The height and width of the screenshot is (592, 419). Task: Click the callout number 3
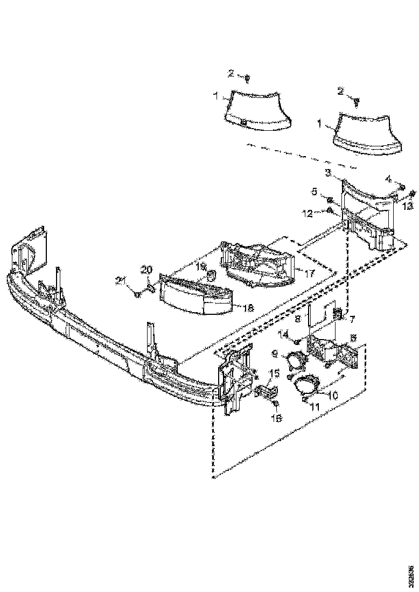(328, 173)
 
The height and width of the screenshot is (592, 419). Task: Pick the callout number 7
(353, 320)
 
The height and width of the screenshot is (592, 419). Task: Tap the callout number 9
(276, 354)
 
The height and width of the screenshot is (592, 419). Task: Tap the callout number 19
(201, 267)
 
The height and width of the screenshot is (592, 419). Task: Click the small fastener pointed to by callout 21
(138, 294)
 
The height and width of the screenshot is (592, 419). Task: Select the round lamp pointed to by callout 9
(296, 360)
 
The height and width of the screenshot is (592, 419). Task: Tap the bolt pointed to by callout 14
(296, 341)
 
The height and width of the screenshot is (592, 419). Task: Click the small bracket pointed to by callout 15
(264, 392)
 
